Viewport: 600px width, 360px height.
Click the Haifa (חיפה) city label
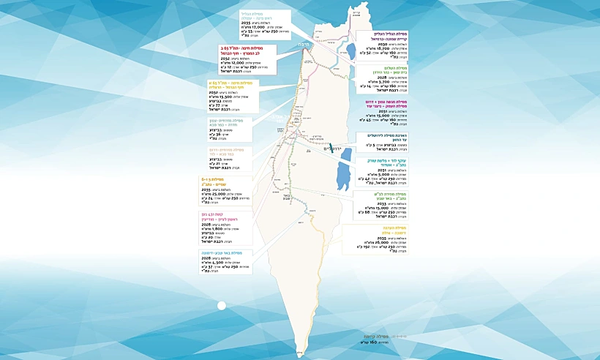pyautogui.click(x=302, y=45)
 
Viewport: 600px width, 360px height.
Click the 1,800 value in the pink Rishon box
pyautogui.click(x=223, y=228)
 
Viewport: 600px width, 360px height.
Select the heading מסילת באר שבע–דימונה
pyautogui.click(x=222, y=252)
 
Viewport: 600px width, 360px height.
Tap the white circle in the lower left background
pyautogui.click(x=222, y=306)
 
